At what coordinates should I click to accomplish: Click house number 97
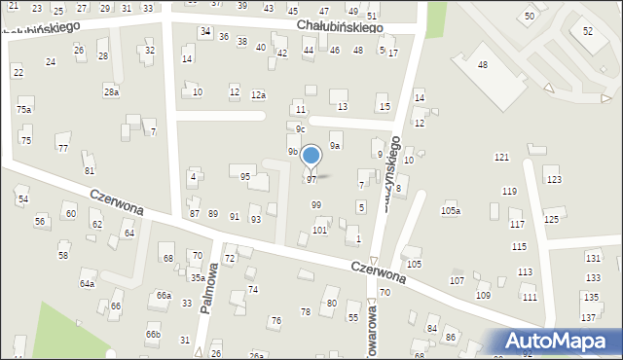pos(311,180)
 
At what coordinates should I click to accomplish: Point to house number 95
pos(245,176)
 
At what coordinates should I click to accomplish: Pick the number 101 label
pos(319,230)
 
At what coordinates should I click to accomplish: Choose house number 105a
pos(451,210)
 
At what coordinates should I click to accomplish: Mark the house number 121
pos(501,157)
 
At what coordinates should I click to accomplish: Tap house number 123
pos(554,180)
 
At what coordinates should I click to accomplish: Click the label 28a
pos(111,91)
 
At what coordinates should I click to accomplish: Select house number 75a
pos(23,110)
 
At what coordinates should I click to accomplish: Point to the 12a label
pos(258,94)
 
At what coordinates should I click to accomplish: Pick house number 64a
pos(87,283)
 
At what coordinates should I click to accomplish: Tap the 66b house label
pos(153,334)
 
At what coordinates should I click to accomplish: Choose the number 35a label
pos(198,278)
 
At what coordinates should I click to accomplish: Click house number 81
pos(90,170)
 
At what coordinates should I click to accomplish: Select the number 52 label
pos(588,31)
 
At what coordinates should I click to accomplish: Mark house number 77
pos(63,148)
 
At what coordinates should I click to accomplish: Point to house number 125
pos(551,219)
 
